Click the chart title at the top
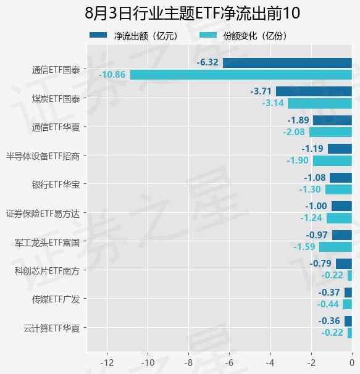[x=192, y=13]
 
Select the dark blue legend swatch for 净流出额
[x=98, y=35]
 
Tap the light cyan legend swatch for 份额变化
[x=208, y=35]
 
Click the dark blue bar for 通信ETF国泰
[x=287, y=63]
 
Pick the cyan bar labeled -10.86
[x=241, y=75]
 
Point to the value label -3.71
[x=261, y=91]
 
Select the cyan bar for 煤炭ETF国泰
[x=320, y=104]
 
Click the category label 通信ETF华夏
[x=56, y=127]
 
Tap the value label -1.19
[x=312, y=149]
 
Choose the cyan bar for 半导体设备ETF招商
[x=333, y=160]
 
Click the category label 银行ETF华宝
[x=56, y=185]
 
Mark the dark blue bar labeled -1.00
[x=341, y=206]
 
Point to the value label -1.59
[x=304, y=247]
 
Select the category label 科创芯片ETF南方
[x=47, y=271]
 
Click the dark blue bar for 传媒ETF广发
[x=348, y=293]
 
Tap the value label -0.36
[x=329, y=321]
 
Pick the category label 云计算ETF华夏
[x=51, y=328]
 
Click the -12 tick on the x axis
[x=107, y=363]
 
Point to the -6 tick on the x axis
[x=230, y=363]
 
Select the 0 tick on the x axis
[x=352, y=363]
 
